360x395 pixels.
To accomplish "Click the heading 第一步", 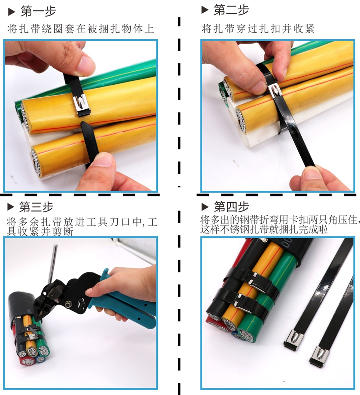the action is point(38,11).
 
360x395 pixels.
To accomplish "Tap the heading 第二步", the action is point(231,10).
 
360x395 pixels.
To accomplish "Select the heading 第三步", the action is point(36,207).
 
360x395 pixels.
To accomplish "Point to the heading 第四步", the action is point(231,207).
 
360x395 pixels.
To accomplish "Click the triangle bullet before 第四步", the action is point(205,207).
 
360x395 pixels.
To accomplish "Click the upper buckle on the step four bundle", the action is point(257,281).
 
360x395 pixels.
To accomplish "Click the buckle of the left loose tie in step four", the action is point(293,340).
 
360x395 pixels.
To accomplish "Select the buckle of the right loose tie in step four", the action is point(319,357).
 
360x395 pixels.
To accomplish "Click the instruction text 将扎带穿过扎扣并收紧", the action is point(258,28).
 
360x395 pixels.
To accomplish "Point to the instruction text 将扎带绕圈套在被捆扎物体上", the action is point(81,29).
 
